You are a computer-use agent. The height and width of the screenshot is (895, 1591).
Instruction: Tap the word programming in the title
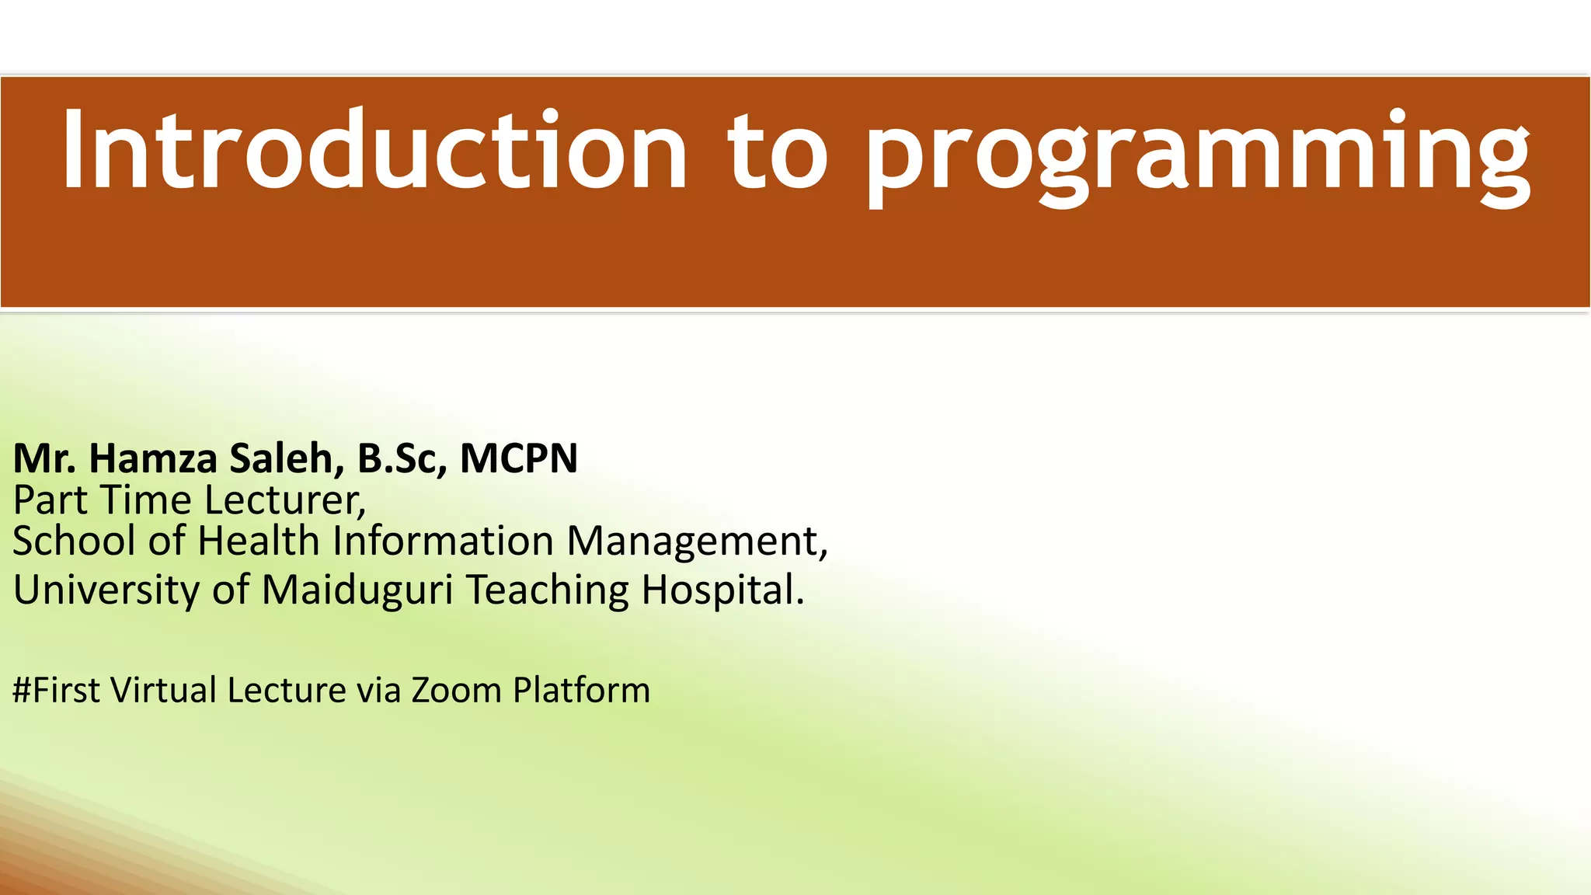[x=1196, y=155]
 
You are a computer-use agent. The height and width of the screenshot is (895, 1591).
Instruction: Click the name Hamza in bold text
[x=153, y=458]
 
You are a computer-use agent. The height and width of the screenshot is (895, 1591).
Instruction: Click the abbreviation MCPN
[x=518, y=458]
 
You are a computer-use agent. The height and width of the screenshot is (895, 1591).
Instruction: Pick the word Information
[x=443, y=541]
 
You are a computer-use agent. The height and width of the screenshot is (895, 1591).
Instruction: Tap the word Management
[x=696, y=542]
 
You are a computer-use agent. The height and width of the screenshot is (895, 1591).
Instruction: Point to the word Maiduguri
[x=357, y=590]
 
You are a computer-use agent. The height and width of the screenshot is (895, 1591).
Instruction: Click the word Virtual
[x=163, y=690]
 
